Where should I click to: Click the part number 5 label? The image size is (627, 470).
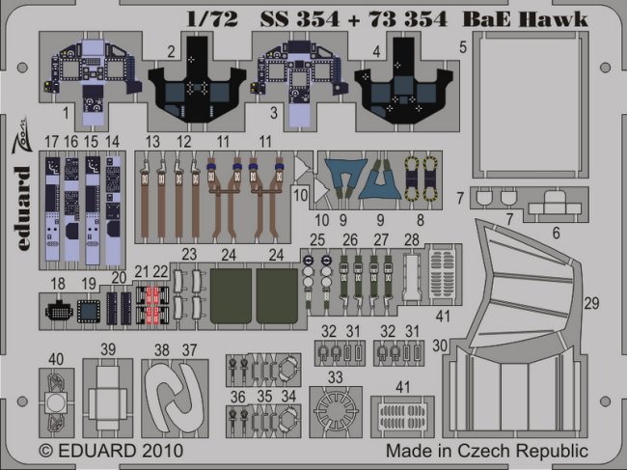click(463, 45)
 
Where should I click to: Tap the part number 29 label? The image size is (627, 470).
click(589, 304)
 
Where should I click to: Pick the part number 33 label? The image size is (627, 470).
click(335, 374)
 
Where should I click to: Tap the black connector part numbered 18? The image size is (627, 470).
click(58, 309)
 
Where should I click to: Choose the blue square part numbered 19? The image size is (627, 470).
click(89, 309)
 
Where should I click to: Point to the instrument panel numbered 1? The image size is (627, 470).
click(87, 77)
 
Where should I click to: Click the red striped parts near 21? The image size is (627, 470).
click(150, 305)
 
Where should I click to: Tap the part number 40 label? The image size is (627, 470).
click(56, 359)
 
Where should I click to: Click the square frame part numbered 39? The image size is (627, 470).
click(108, 398)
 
